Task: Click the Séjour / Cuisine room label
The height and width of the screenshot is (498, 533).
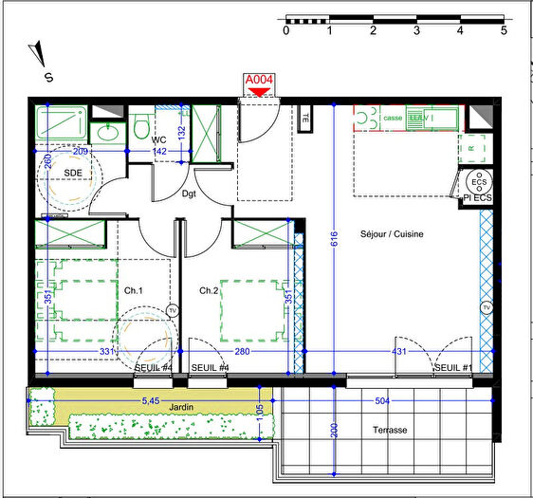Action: click(x=391, y=234)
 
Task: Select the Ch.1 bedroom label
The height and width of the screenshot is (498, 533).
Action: click(x=133, y=290)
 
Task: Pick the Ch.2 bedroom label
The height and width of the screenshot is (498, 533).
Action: click(x=209, y=290)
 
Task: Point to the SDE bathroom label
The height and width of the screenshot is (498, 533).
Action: click(x=73, y=172)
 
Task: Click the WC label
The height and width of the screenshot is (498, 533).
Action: click(x=159, y=139)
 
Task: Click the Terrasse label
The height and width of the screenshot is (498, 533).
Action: click(x=390, y=430)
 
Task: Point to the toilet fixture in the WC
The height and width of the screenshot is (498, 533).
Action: click(x=140, y=125)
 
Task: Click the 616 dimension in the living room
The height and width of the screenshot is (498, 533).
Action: click(x=333, y=242)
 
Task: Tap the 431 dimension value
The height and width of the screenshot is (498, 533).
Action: click(x=400, y=353)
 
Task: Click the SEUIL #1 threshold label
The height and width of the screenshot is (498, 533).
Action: click(x=451, y=367)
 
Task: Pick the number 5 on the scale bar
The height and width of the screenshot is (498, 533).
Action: click(x=503, y=30)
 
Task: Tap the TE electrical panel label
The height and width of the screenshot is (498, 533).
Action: click(x=306, y=120)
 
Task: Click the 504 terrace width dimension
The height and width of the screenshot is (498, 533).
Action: click(x=383, y=401)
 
